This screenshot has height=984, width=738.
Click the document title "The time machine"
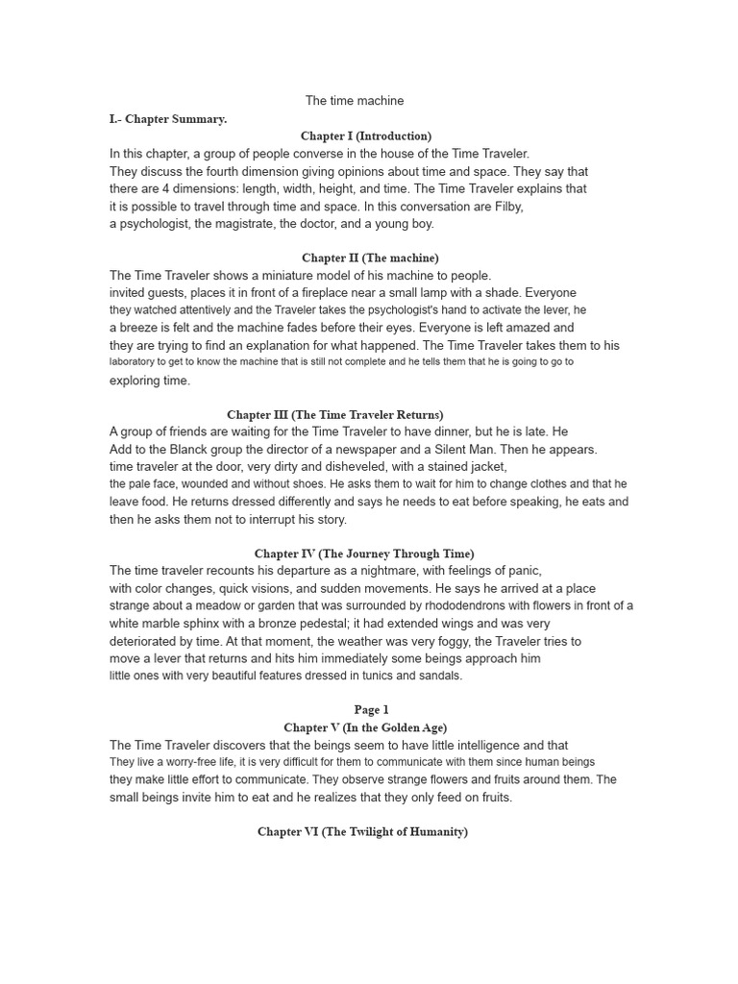click(x=355, y=101)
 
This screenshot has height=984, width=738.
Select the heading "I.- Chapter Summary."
click(x=168, y=119)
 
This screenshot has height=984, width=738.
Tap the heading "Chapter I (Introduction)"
click(x=366, y=136)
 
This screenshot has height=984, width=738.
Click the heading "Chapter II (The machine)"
click(x=370, y=258)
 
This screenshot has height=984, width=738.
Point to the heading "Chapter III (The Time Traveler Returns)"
click(x=335, y=414)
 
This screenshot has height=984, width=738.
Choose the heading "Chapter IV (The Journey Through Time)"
click(x=364, y=553)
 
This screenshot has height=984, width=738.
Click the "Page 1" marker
click(x=371, y=710)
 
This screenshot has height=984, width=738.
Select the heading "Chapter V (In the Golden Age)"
click(x=365, y=727)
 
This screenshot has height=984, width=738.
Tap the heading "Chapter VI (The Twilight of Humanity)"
click(x=362, y=831)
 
